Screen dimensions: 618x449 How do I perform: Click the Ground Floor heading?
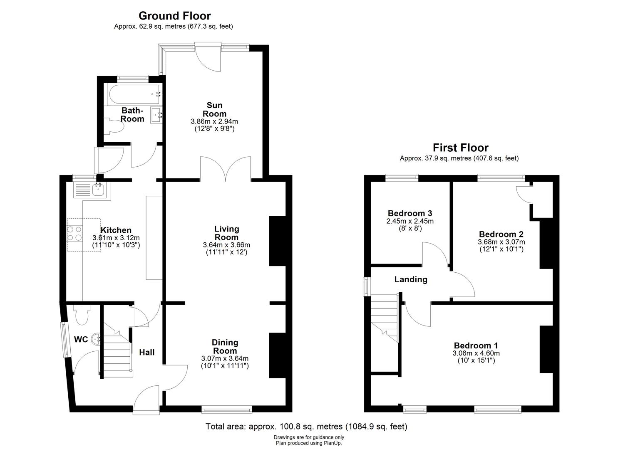tap(175, 16)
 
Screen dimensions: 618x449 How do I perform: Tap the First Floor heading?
tap(460, 148)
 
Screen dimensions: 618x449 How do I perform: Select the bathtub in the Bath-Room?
tap(135, 94)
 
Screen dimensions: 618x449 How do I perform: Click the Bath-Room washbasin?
tap(156, 115)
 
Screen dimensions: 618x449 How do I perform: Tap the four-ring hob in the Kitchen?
tap(75, 233)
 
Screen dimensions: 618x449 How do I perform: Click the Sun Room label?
tap(214, 109)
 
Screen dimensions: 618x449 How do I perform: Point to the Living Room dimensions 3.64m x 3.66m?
tap(226, 245)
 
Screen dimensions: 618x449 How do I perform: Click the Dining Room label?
tap(225, 346)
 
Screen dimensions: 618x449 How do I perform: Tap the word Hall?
tap(147, 352)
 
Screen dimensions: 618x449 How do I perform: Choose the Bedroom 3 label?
tap(410, 213)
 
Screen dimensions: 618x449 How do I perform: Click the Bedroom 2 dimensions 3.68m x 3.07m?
tap(501, 242)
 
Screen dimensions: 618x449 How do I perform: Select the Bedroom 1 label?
tap(476, 345)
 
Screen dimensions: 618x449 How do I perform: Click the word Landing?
tap(411, 279)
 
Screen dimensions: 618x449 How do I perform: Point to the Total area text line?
tap(306, 427)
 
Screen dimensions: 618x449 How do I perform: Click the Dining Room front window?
tap(227, 409)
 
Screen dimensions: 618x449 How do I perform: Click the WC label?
tap(81, 339)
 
